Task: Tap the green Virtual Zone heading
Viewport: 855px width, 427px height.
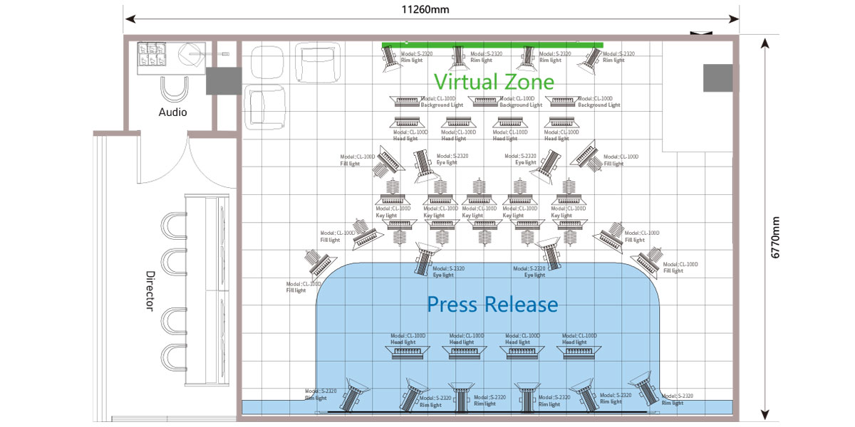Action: click(x=494, y=81)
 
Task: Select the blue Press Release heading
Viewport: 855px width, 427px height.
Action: click(x=492, y=305)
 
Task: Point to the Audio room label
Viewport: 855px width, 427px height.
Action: click(x=172, y=112)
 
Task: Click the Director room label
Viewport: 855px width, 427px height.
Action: click(x=150, y=290)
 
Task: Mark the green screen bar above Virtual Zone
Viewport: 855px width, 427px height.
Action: click(x=492, y=45)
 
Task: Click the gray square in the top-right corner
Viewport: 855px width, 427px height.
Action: click(x=717, y=78)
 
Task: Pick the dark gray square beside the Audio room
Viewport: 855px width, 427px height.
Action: click(x=223, y=80)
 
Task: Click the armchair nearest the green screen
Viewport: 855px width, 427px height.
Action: click(x=313, y=60)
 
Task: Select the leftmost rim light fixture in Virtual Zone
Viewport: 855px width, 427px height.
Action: click(x=390, y=58)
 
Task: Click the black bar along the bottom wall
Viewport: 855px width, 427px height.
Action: click(x=492, y=412)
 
